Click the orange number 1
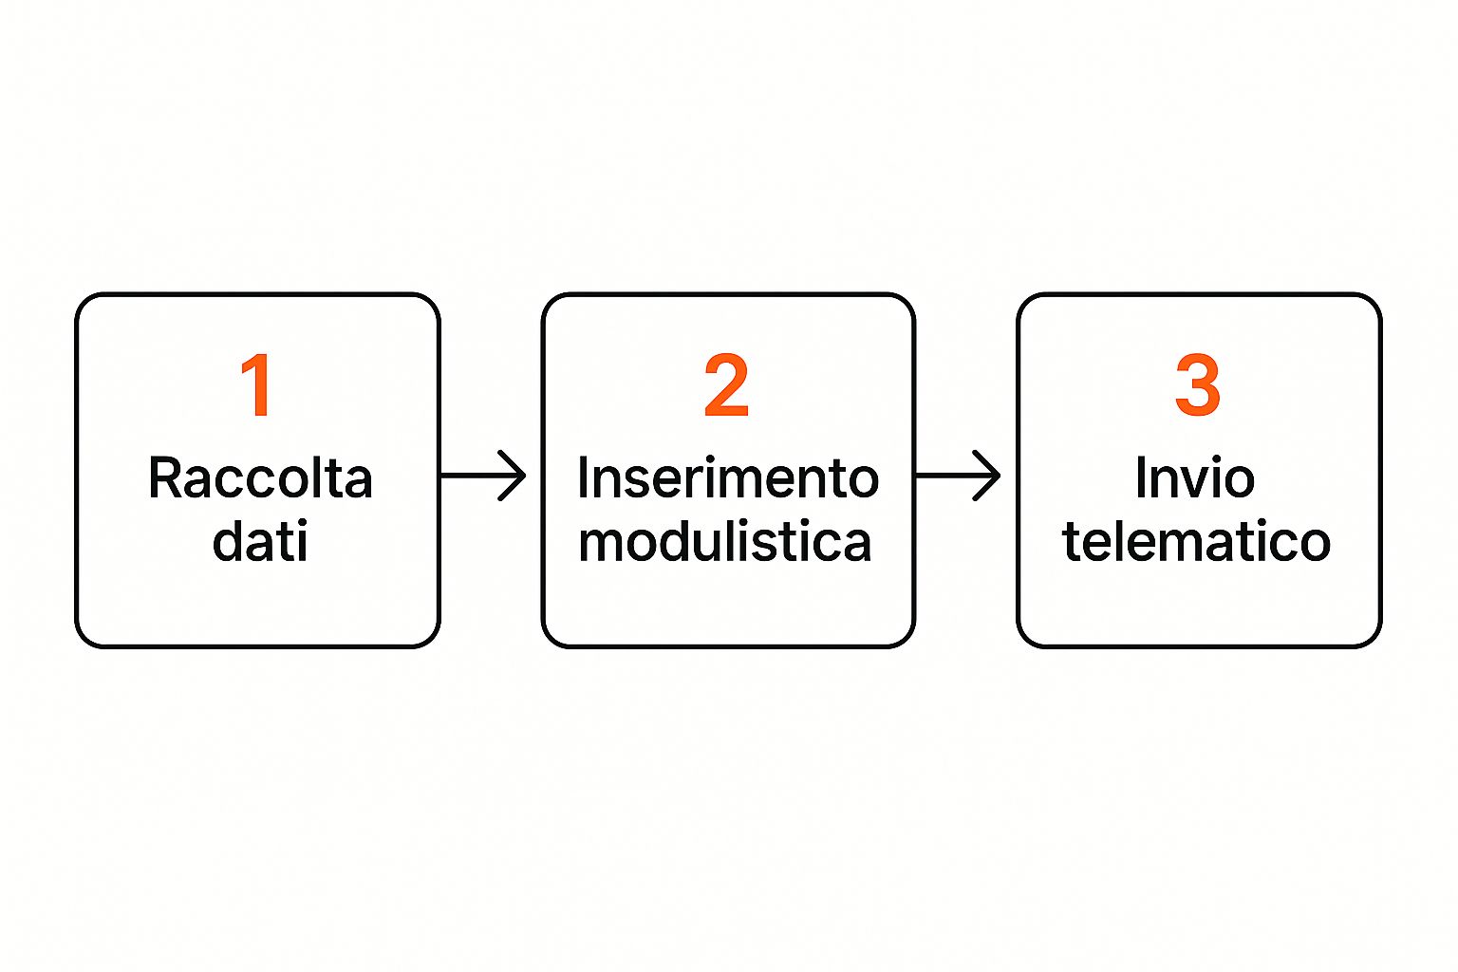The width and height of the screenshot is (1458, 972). click(256, 384)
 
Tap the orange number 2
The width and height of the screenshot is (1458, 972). click(726, 384)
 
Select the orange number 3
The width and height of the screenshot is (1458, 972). click(1197, 384)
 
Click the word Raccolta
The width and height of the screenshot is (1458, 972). click(260, 477)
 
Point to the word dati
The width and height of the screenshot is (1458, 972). click(260, 540)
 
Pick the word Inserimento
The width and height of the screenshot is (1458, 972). click(728, 477)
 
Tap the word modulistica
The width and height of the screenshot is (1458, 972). click(724, 540)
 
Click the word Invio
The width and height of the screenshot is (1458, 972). click(1195, 477)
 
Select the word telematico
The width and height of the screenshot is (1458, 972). click(1196, 540)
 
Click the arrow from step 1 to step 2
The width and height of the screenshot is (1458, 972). click(483, 476)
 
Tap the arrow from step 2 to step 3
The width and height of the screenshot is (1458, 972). click(958, 476)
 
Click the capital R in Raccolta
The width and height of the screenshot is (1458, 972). click(165, 477)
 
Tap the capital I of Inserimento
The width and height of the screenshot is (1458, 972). click(583, 477)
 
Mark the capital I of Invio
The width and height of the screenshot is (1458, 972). click(1141, 477)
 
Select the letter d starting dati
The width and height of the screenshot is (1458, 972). click(229, 540)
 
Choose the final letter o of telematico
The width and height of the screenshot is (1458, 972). click(1315, 546)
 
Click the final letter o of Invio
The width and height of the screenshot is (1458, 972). click(1238, 483)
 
